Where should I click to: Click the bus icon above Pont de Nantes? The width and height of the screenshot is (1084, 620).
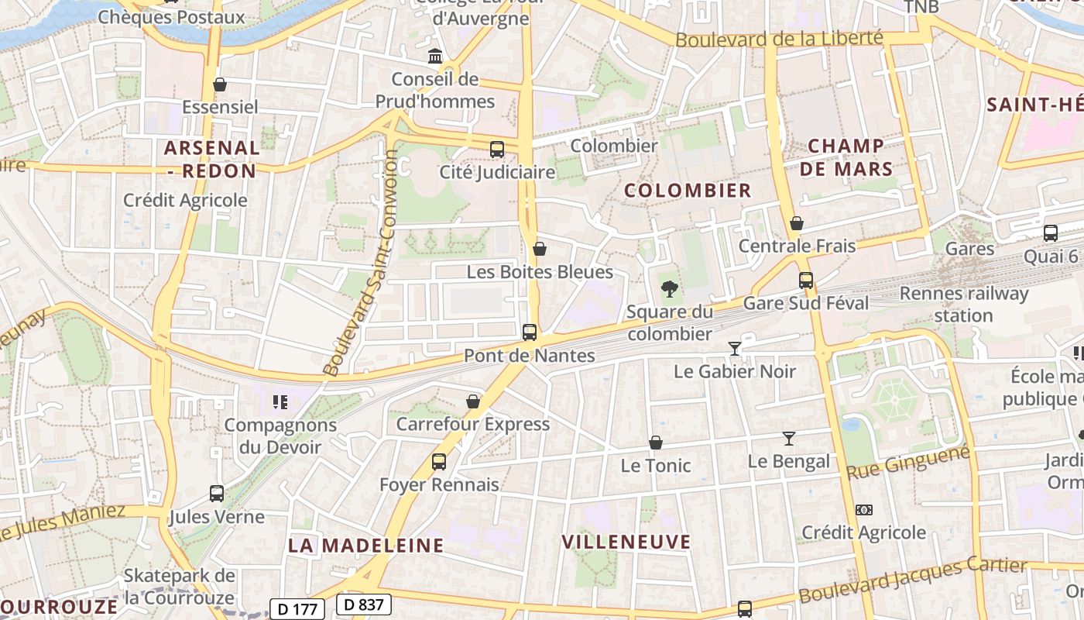coord(530,332)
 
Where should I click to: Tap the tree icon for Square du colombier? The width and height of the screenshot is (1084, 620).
coord(669,289)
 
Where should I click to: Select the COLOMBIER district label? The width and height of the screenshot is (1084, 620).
coord(688,191)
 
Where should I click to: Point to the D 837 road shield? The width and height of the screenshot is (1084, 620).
coord(363,604)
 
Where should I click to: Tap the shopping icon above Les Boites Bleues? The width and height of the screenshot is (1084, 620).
coord(540,249)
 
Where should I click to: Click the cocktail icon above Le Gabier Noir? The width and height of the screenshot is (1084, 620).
coord(735,349)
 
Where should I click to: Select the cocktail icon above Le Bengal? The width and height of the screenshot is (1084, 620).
coord(788,439)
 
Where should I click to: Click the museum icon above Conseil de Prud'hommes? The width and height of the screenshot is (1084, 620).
coord(435,57)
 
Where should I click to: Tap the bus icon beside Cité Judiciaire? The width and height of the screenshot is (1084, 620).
coord(497,150)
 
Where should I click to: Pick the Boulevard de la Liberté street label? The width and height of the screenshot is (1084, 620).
coord(779,39)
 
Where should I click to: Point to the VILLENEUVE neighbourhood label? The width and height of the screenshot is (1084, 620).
coord(626,542)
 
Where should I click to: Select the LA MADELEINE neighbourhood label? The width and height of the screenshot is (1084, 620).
coord(366,545)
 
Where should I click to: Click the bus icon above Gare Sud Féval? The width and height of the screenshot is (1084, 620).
coord(806,281)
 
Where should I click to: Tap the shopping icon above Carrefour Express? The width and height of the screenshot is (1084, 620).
coord(473,401)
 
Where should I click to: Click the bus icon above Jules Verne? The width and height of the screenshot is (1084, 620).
coord(217,494)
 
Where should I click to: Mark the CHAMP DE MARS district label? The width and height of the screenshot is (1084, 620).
coord(846,157)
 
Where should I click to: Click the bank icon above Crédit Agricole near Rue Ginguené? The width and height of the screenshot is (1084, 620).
coord(864,510)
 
